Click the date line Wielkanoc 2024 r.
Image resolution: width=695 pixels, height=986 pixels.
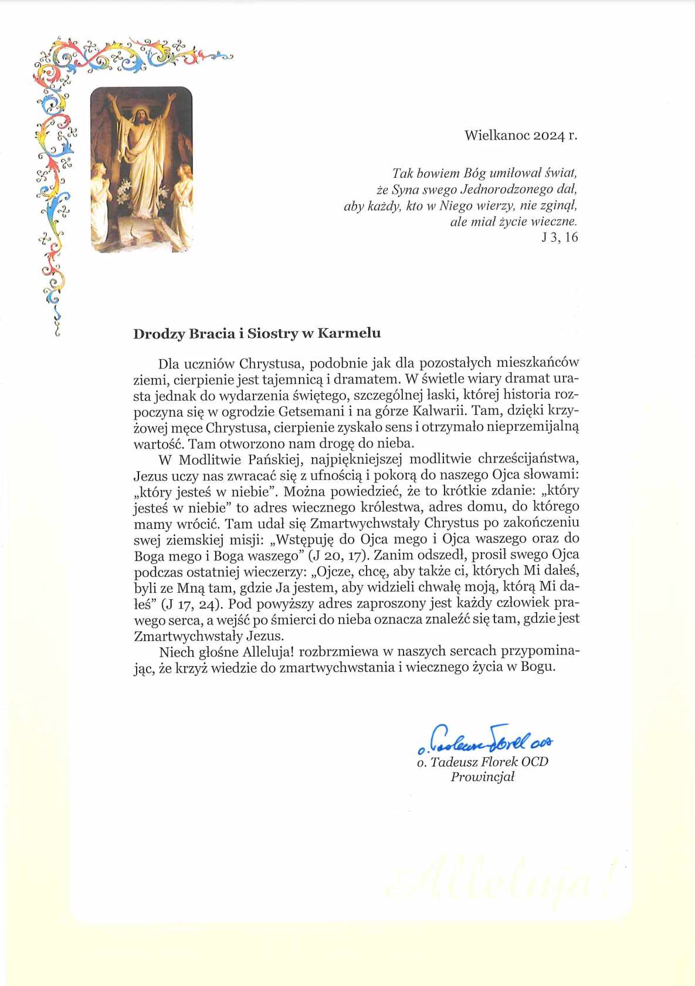tap(521, 136)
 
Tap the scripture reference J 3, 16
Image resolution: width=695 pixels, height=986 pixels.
tap(560, 237)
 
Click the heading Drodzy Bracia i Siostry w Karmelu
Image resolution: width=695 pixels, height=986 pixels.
tap(257, 333)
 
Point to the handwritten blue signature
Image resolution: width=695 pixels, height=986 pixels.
tap(486, 741)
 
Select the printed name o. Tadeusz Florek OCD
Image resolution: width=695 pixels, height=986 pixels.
tap(483, 762)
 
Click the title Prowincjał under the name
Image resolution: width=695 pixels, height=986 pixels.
tap(482, 777)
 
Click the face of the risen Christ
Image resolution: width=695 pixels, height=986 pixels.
tap(141, 114)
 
